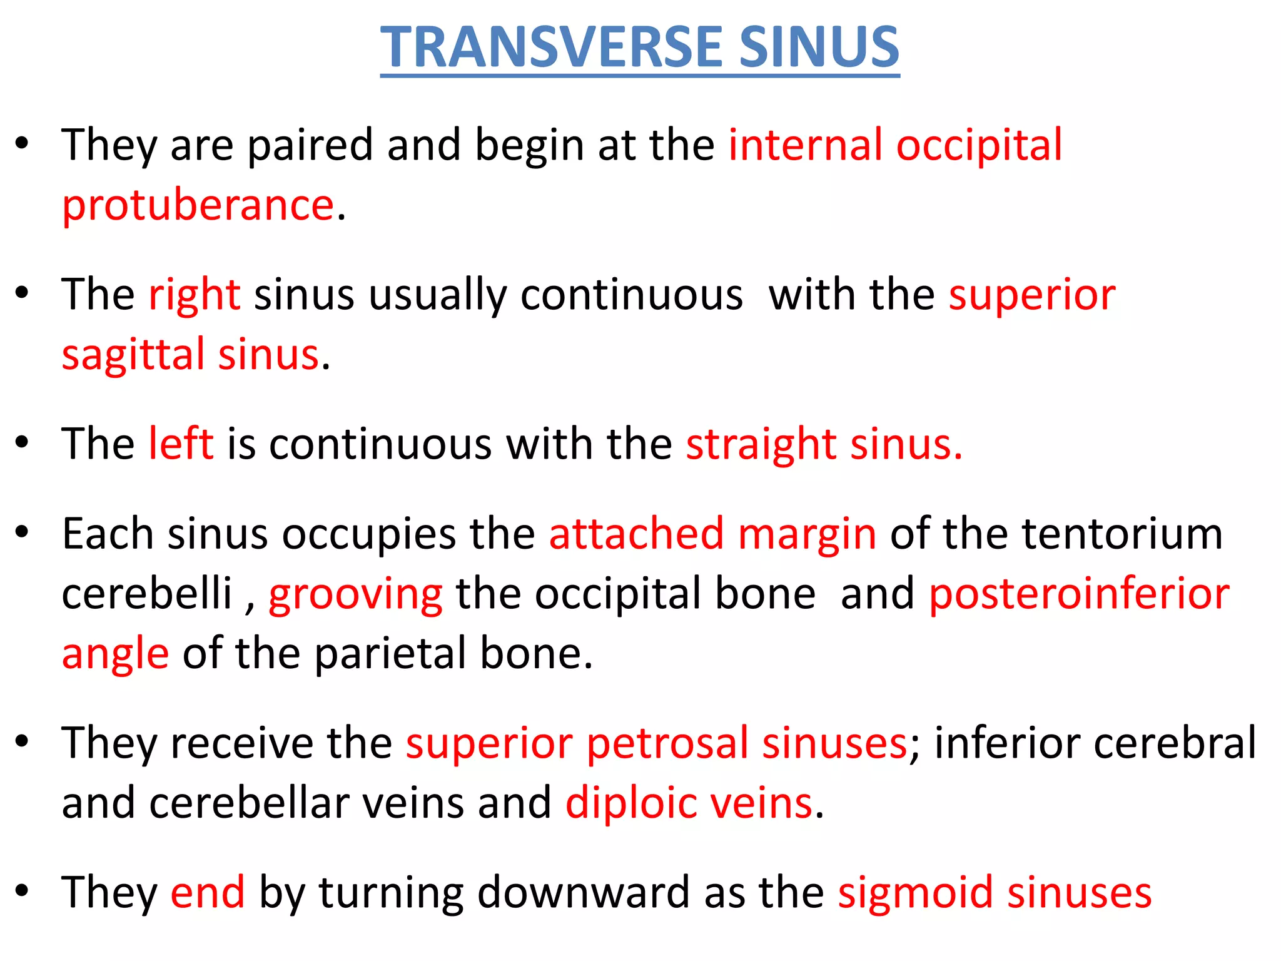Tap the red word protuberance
click(x=198, y=206)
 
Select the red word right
click(x=195, y=295)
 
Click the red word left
click(x=181, y=444)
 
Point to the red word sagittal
click(x=133, y=355)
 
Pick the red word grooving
click(x=355, y=594)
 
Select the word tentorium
click(x=1122, y=534)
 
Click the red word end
click(x=208, y=892)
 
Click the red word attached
click(x=636, y=534)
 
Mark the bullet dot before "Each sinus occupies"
click(x=23, y=532)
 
